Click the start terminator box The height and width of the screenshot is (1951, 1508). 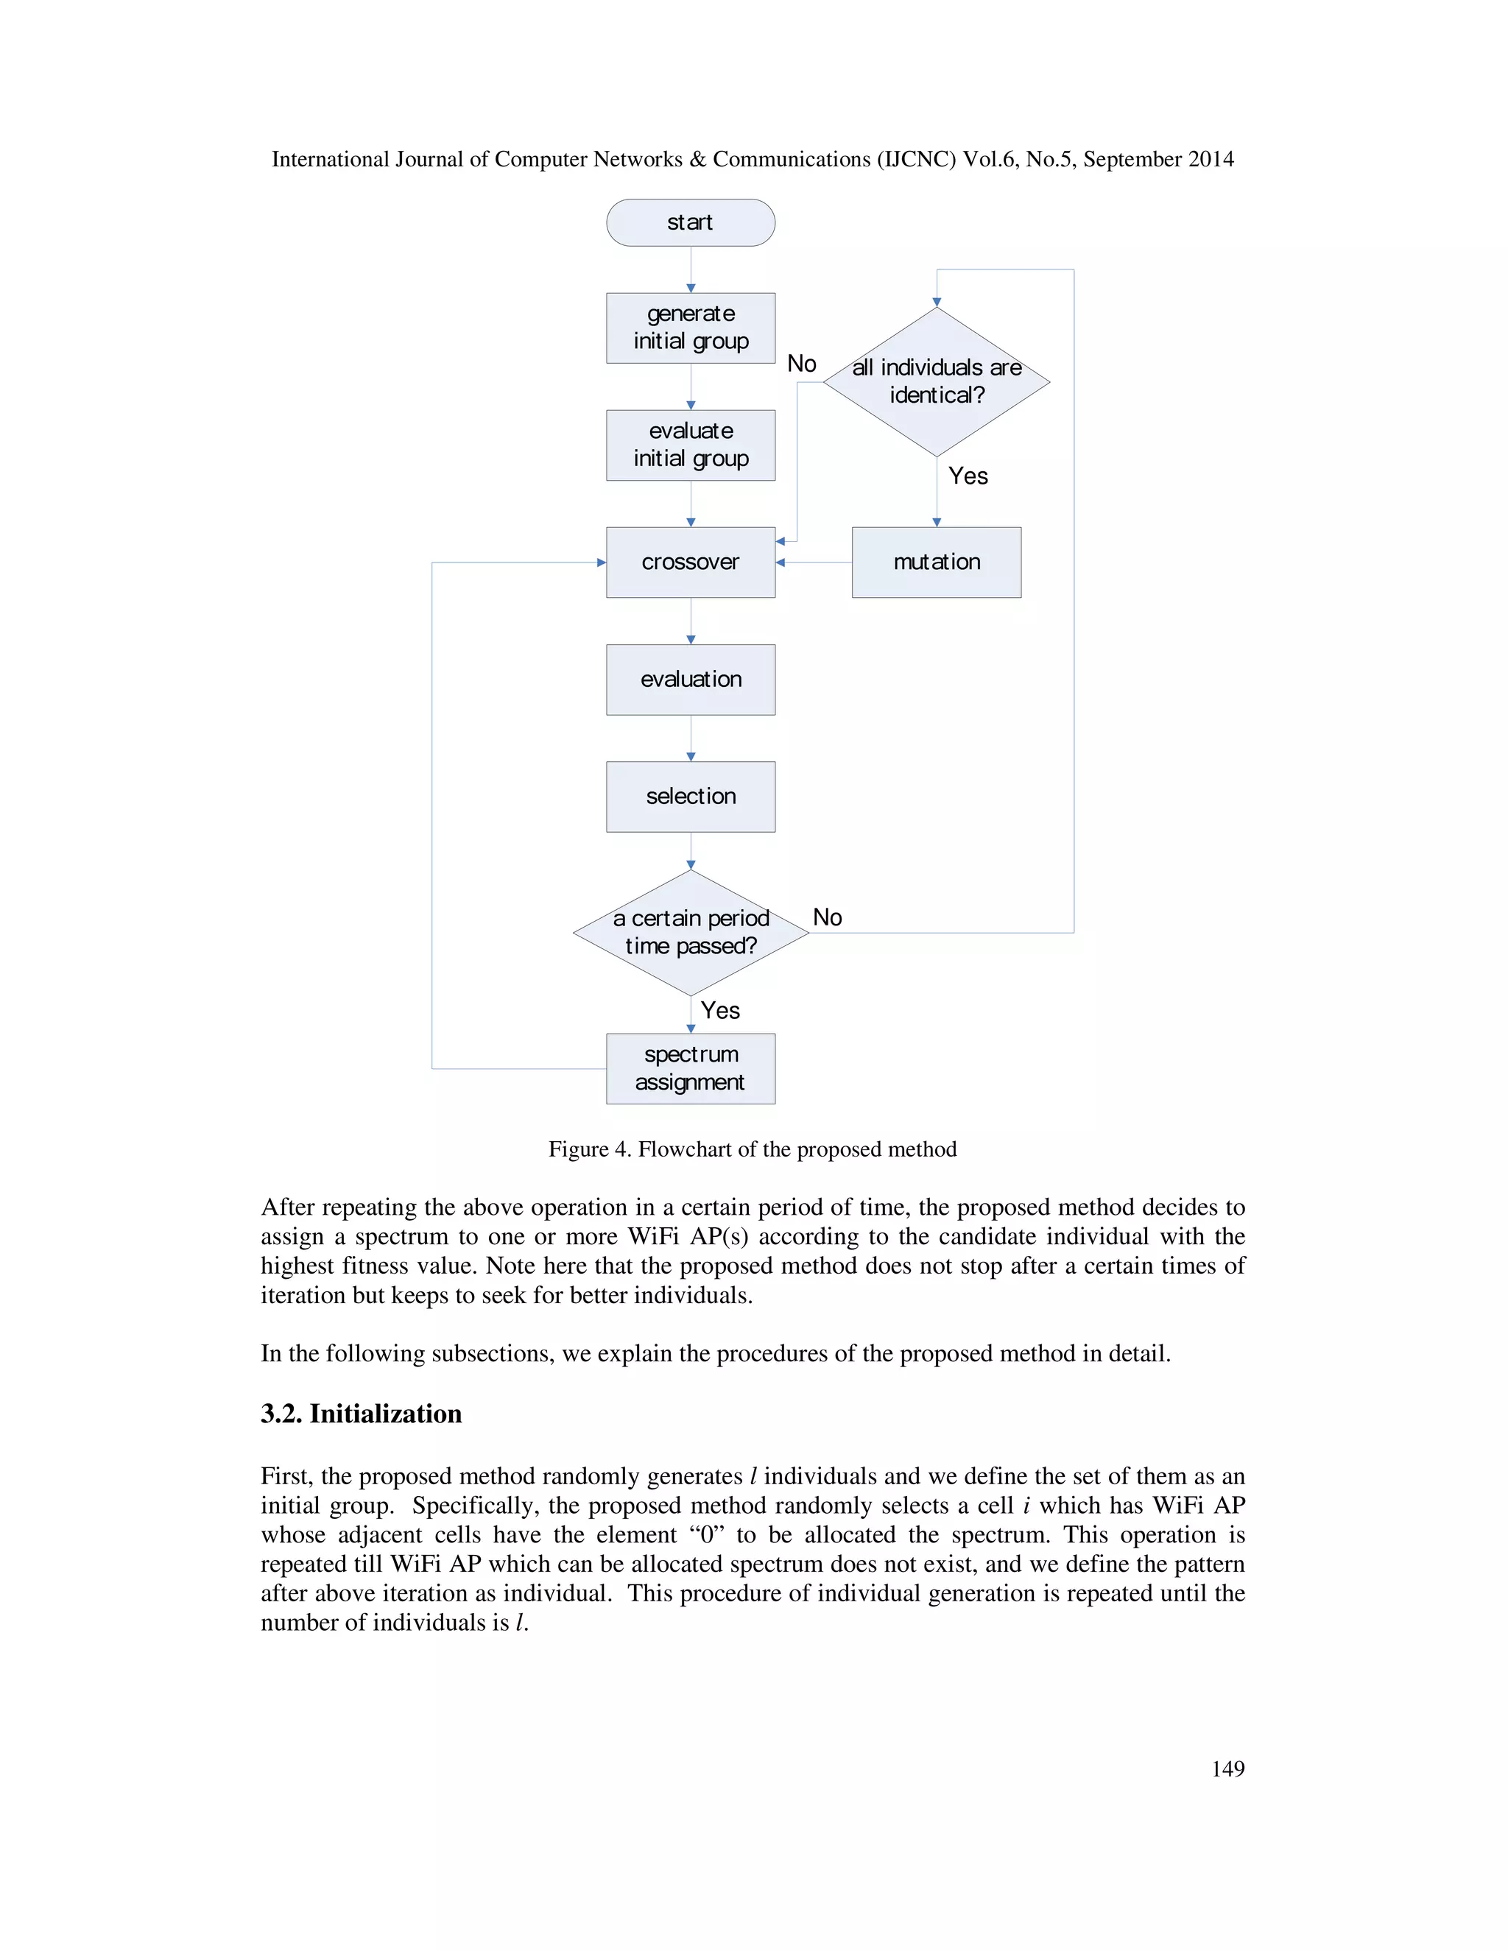point(690,222)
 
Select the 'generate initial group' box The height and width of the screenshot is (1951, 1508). point(690,328)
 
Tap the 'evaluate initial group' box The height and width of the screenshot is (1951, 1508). point(690,445)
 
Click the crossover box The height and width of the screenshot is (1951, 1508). point(690,562)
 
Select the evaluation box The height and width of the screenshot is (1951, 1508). point(690,679)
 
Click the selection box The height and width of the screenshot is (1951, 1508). point(690,796)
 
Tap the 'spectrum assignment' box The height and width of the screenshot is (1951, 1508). point(690,1068)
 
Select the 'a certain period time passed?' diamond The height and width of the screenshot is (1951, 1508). point(690,932)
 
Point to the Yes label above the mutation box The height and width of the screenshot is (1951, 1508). point(968,476)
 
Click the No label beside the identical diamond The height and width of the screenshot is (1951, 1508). point(801,364)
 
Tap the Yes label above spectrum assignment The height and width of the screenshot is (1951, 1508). point(720,1010)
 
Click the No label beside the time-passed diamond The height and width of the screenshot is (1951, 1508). point(827,917)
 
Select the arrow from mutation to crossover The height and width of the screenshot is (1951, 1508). point(813,562)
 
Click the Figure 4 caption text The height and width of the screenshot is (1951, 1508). point(753,1149)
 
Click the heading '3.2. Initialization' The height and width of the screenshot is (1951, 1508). point(361,1414)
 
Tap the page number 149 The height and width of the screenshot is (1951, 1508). point(1227,1768)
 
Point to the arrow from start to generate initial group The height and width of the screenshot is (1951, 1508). point(691,269)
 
